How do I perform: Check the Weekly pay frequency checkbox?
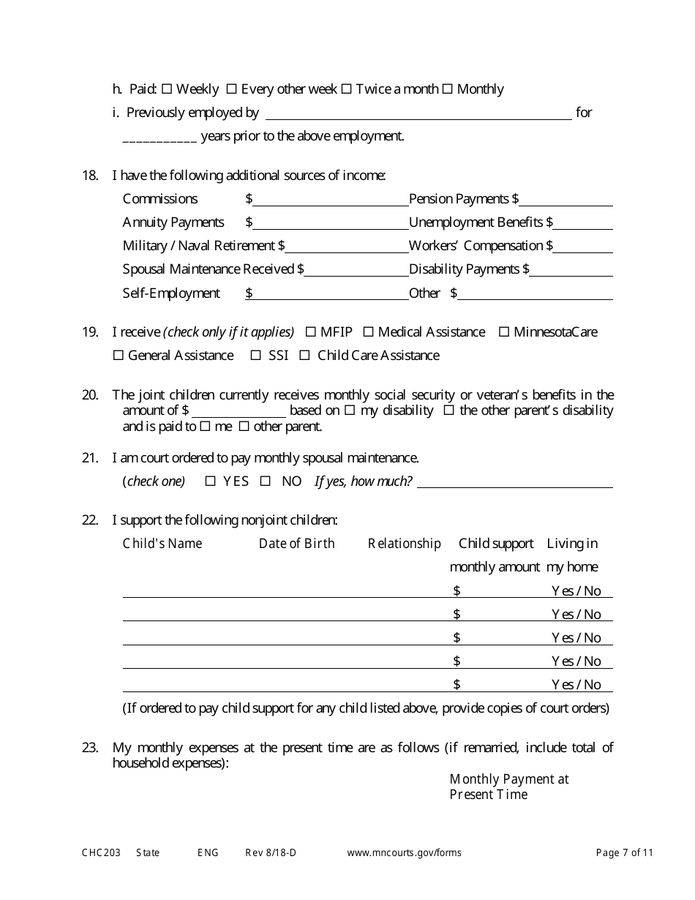coord(166,89)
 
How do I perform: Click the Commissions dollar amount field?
coord(331,199)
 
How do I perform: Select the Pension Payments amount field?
coord(567,199)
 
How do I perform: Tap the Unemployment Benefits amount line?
coord(584,222)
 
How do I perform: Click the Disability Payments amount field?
coord(571,269)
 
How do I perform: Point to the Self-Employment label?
coord(171,293)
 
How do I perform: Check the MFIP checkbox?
coord(310,332)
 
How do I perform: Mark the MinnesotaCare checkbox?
coord(504,332)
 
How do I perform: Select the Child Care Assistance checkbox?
coord(304,356)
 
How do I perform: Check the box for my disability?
coord(350,410)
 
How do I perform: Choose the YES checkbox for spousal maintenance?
coord(211,481)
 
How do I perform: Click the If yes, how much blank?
coord(514,481)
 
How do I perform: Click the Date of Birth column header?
coord(296,544)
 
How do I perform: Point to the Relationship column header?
coord(404,544)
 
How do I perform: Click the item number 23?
coord(89,748)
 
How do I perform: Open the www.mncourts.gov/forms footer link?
coord(404,852)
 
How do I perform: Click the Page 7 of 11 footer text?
coord(624,852)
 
